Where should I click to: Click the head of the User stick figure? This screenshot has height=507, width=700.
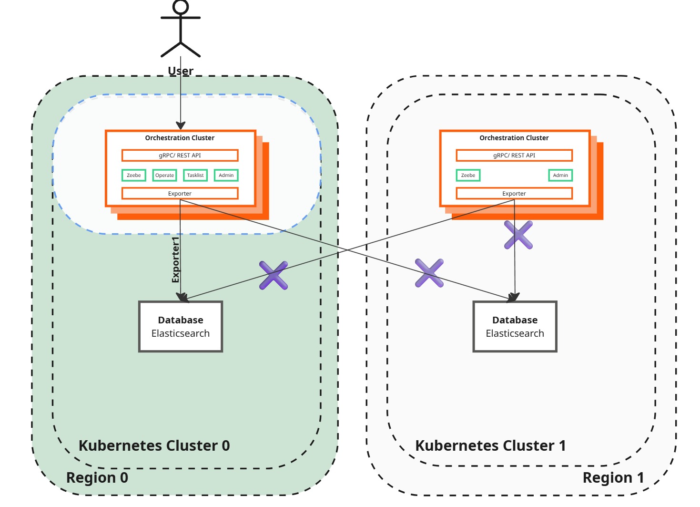(181, 7)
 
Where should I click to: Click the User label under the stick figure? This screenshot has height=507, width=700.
(181, 71)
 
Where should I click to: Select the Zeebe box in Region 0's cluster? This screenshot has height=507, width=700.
(134, 176)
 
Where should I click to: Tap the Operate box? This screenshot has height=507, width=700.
(164, 176)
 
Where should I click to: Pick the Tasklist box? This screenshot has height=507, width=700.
(195, 176)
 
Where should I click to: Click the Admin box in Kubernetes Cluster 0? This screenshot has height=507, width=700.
(226, 176)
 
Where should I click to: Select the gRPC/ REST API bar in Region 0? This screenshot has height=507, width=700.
(180, 155)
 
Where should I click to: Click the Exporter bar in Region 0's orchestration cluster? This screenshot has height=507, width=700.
(180, 194)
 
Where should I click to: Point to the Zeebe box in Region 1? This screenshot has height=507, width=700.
(468, 176)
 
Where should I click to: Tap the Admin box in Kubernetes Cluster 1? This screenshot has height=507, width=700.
(560, 176)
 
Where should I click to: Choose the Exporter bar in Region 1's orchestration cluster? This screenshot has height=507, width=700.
(514, 194)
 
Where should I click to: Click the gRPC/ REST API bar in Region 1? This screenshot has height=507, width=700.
(514, 155)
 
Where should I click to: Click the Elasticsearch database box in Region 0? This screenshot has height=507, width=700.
(181, 327)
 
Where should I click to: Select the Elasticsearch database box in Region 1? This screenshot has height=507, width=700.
(515, 327)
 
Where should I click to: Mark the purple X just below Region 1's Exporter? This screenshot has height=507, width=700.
(518, 235)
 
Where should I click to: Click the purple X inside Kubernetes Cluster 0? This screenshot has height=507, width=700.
(274, 275)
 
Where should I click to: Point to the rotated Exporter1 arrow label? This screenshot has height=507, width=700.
(175, 259)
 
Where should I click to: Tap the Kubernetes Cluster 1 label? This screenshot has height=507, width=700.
(490, 445)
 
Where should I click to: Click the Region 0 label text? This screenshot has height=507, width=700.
(97, 477)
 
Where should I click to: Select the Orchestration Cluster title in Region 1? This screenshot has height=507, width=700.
(514, 138)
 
